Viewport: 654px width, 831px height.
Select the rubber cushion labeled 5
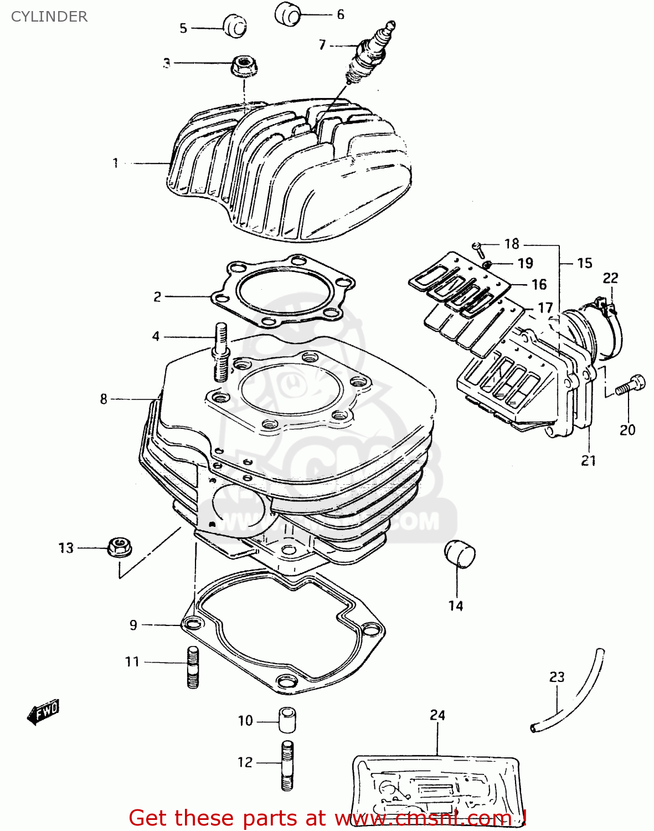tap(235, 27)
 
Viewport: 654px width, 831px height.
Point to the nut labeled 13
tap(119, 547)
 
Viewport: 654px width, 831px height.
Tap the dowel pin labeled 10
tap(286, 720)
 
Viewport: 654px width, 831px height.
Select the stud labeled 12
tap(287, 766)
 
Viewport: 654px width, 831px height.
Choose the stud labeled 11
tap(193, 667)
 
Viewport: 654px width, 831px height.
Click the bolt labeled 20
tap(630, 384)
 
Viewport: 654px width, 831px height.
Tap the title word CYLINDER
tap(49, 17)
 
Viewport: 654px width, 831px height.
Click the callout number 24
tap(437, 715)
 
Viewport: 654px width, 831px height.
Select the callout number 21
tap(588, 460)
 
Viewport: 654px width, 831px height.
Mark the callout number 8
tap(104, 399)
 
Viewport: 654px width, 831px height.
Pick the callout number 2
tap(157, 297)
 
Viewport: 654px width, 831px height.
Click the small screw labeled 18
tap(478, 249)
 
